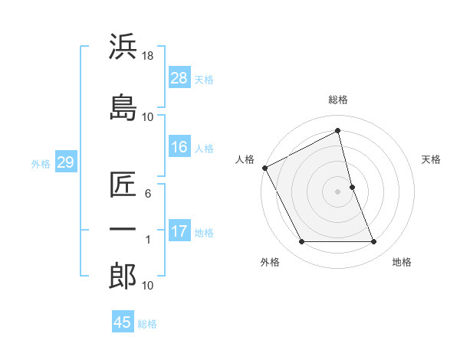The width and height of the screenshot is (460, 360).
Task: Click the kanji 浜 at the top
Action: (x=123, y=47)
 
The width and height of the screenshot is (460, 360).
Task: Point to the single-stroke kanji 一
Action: (x=123, y=230)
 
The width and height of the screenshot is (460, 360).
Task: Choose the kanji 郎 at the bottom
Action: (x=123, y=275)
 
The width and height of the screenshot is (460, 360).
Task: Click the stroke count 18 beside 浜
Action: (x=149, y=57)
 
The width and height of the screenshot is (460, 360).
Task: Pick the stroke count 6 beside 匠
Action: (x=148, y=194)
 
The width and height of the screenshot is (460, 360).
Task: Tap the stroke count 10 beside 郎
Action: (x=148, y=286)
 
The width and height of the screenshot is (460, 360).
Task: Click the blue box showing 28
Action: (x=179, y=77)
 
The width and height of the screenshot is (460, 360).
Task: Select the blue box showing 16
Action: (x=179, y=147)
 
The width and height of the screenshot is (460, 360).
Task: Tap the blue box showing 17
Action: (x=179, y=231)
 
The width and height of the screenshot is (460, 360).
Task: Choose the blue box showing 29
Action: (x=65, y=162)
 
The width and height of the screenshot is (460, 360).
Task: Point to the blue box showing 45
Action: (x=123, y=322)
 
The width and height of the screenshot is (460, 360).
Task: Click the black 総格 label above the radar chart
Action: (x=338, y=100)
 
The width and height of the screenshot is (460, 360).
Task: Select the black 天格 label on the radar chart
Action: (x=432, y=159)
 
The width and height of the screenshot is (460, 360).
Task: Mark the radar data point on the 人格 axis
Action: (x=265, y=168)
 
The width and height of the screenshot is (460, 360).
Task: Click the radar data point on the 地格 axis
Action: (x=374, y=242)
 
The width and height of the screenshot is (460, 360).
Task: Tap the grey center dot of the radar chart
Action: (x=338, y=191)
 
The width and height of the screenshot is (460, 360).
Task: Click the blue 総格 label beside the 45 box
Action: (x=147, y=324)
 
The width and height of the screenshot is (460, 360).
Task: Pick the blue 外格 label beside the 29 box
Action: (x=41, y=163)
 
